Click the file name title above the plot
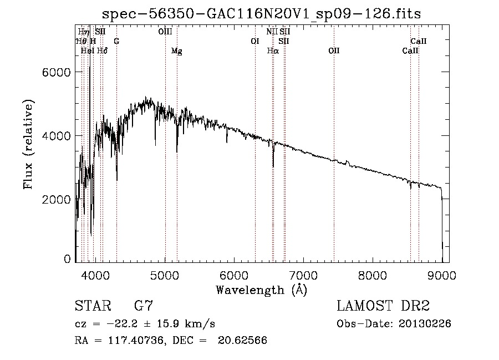click(261, 14)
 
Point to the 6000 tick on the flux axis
click(57, 72)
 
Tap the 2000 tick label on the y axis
click(57, 200)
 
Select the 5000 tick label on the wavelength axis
click(165, 275)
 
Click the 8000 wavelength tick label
click(373, 275)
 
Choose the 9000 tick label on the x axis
click(442, 275)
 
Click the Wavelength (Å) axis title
click(262, 290)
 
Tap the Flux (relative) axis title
click(28, 145)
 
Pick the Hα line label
click(273, 50)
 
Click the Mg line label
click(177, 51)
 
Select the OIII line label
click(165, 32)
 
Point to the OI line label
click(255, 41)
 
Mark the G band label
click(116, 41)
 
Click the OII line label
click(334, 50)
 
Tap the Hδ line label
click(102, 50)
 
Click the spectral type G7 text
click(144, 306)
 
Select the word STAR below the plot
click(93, 306)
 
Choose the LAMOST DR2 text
click(383, 306)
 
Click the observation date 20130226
click(425, 324)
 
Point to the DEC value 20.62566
click(242, 340)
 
